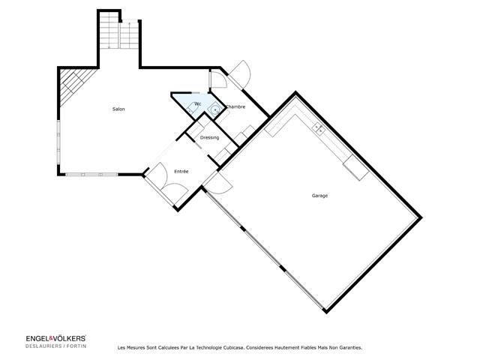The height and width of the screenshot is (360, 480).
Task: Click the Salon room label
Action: click(118, 110)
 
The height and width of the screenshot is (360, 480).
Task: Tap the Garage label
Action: click(320, 196)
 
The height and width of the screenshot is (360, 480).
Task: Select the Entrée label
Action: click(181, 172)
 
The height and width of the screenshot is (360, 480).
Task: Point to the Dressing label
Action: click(209, 138)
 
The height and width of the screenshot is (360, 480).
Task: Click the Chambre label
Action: click(235, 107)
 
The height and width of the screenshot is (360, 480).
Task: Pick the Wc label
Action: click(197, 103)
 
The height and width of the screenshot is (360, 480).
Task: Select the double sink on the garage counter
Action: click(319, 128)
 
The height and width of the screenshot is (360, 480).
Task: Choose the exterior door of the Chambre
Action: click(239, 73)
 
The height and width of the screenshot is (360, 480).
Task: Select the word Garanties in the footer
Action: click(348, 348)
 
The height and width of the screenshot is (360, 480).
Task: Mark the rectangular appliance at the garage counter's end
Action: click(356, 169)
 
